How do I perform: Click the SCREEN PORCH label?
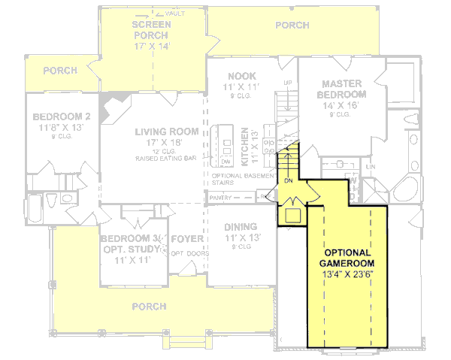tap(152, 29)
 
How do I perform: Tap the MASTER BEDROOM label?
tap(344, 89)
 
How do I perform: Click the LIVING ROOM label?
tap(167, 132)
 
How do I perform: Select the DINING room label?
tap(241, 226)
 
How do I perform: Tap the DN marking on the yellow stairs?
tap(288, 181)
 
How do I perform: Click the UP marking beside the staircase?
tap(286, 82)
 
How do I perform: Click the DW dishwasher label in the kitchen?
tap(226, 162)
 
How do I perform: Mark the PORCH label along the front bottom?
tap(149, 307)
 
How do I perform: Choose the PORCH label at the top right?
tap(292, 25)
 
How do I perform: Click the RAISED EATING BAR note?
tap(167, 159)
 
